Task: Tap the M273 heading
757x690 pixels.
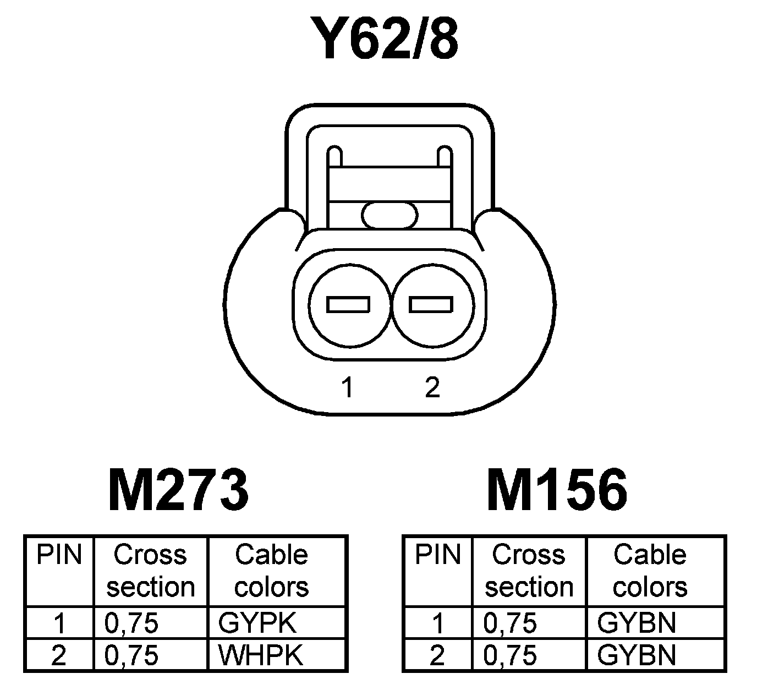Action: point(179,490)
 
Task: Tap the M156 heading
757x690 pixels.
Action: point(557,490)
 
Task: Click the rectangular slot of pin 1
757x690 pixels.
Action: point(348,304)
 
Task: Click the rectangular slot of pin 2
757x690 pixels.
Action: point(431,304)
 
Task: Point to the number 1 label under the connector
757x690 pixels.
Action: point(347,387)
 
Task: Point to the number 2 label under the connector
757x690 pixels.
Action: point(432,387)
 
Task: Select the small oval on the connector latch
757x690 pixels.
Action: point(390,215)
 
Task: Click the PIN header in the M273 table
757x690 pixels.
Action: point(59,555)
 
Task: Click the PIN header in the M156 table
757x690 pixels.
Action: point(437,555)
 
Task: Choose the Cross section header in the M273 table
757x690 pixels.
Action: point(150,571)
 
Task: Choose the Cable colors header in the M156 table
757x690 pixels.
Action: point(650,571)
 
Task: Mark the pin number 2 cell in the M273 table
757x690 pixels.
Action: point(59,655)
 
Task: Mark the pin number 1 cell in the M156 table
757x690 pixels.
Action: point(437,623)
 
